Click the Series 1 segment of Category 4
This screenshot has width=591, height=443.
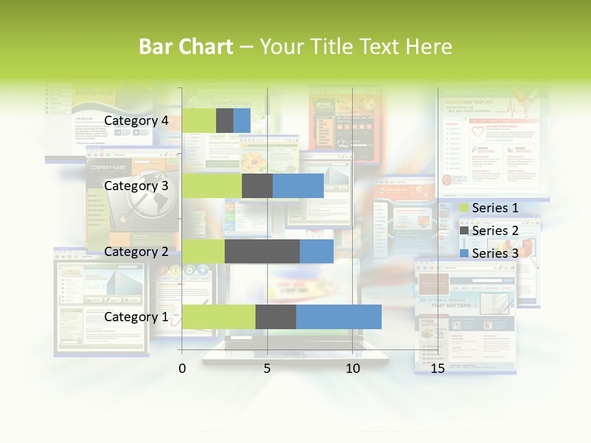199,121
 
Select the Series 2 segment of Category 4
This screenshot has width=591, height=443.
225,121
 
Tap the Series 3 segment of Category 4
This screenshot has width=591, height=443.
242,121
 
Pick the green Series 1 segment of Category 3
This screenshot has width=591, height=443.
212,186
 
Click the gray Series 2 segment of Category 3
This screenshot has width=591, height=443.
257,186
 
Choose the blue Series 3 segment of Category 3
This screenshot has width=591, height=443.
298,186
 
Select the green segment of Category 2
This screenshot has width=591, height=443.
203,251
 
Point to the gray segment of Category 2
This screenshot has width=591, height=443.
262,251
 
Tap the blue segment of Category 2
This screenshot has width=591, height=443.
316,251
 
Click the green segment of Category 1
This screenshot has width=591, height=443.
219,316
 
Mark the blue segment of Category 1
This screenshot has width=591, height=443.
339,316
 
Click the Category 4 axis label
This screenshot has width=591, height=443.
136,121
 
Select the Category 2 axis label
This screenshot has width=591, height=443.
136,251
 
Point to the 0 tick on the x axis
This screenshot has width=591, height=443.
182,369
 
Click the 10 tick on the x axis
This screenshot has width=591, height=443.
352,369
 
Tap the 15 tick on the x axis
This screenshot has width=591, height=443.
438,369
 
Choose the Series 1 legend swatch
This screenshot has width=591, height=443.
464,208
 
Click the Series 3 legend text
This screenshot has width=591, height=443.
496,253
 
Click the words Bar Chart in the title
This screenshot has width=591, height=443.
186,47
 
